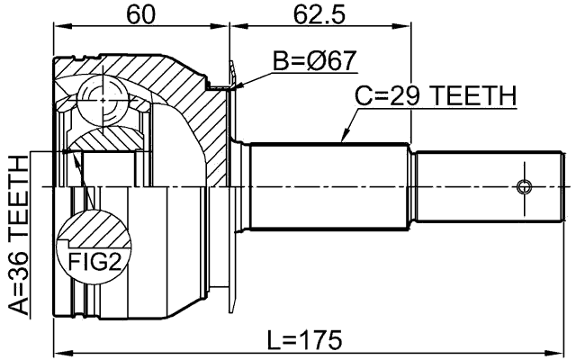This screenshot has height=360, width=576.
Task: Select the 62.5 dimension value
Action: [319, 14]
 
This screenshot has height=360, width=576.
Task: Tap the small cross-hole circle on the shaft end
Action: [525, 187]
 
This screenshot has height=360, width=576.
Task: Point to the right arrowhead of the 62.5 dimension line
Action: [406, 27]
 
